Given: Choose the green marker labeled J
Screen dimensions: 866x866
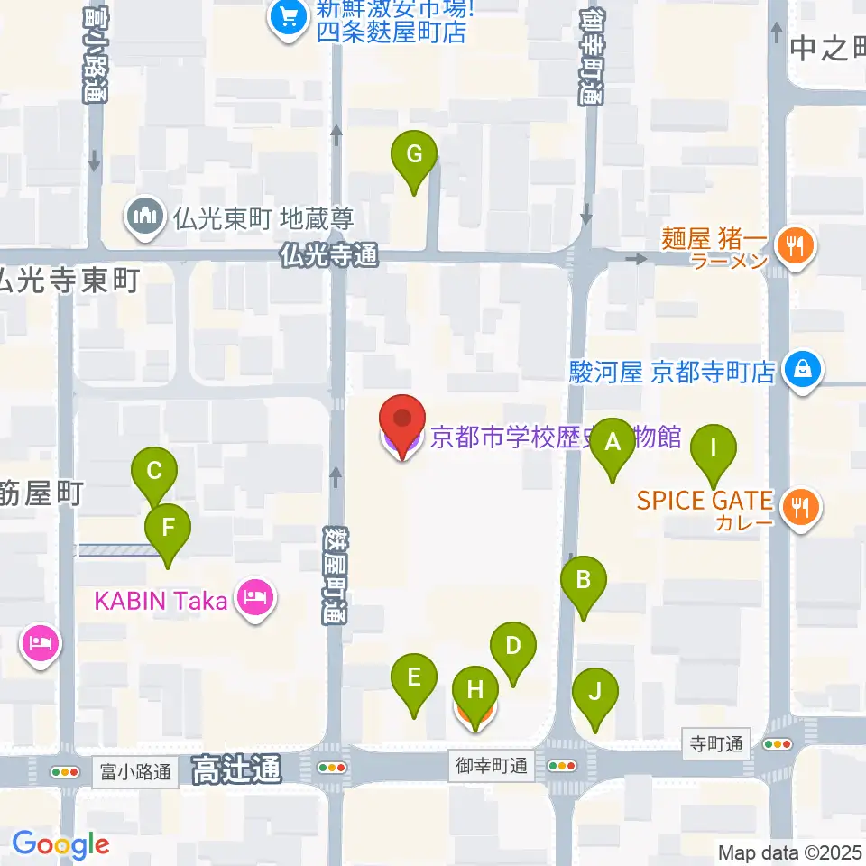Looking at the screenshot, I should [x=595, y=694].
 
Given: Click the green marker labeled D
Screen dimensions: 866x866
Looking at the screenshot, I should [x=513, y=647].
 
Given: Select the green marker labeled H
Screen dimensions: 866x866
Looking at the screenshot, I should [x=474, y=692].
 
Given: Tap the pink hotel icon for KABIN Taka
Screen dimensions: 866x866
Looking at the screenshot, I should [x=255, y=598].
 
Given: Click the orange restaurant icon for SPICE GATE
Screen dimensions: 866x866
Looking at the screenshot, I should [x=800, y=508].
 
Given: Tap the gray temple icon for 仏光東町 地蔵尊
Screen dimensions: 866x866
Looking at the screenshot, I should [x=144, y=217].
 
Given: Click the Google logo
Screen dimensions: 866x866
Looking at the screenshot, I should [x=60, y=844].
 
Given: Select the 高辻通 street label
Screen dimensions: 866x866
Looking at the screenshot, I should [x=236, y=769].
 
